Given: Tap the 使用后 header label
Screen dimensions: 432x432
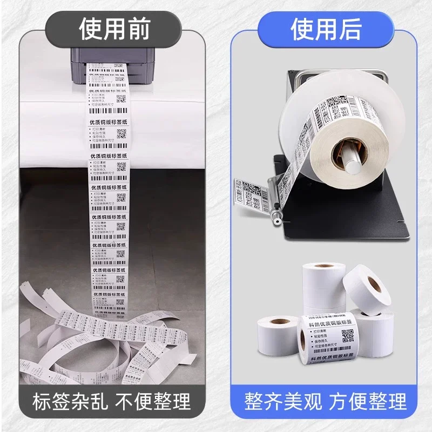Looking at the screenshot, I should pos(326,28).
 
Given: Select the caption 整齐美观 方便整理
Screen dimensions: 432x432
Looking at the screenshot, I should pos(326,402).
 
